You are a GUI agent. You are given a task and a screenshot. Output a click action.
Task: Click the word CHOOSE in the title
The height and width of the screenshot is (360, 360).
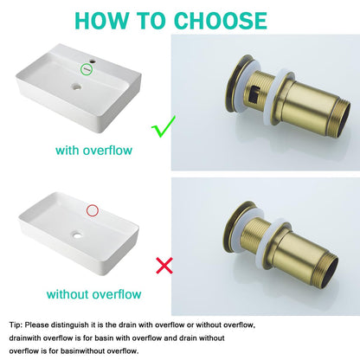pyautogui.click(x=221, y=21)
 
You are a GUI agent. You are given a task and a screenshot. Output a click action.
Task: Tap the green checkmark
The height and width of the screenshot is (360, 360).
pyautogui.click(x=164, y=126)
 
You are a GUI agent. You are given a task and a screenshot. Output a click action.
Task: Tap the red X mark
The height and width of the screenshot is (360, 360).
pyautogui.click(x=164, y=266)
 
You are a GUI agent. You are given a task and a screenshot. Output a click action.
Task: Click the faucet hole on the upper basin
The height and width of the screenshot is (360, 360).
pyautogui.click(x=93, y=61)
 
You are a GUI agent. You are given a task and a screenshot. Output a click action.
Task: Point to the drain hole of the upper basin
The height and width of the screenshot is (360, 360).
pyautogui.click(x=76, y=86)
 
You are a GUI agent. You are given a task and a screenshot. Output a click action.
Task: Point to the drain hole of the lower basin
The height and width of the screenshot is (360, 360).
pyautogui.click(x=77, y=235)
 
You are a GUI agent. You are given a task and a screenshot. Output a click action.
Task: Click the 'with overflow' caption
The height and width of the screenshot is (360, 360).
pyautogui.click(x=93, y=151)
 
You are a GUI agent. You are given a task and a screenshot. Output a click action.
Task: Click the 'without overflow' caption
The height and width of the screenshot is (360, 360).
pyautogui.click(x=93, y=294)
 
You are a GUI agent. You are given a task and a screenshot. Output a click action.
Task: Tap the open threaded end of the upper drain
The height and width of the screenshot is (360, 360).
pyautogui.click(x=343, y=119)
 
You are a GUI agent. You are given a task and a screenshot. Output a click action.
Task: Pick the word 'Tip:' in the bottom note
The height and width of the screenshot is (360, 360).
pyautogui.click(x=16, y=325)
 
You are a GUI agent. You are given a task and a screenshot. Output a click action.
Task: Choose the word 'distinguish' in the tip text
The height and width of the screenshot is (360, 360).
pyautogui.click(x=69, y=325)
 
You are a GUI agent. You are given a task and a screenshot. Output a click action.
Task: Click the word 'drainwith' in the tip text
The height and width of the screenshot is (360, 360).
pyautogui.click(x=25, y=337)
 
